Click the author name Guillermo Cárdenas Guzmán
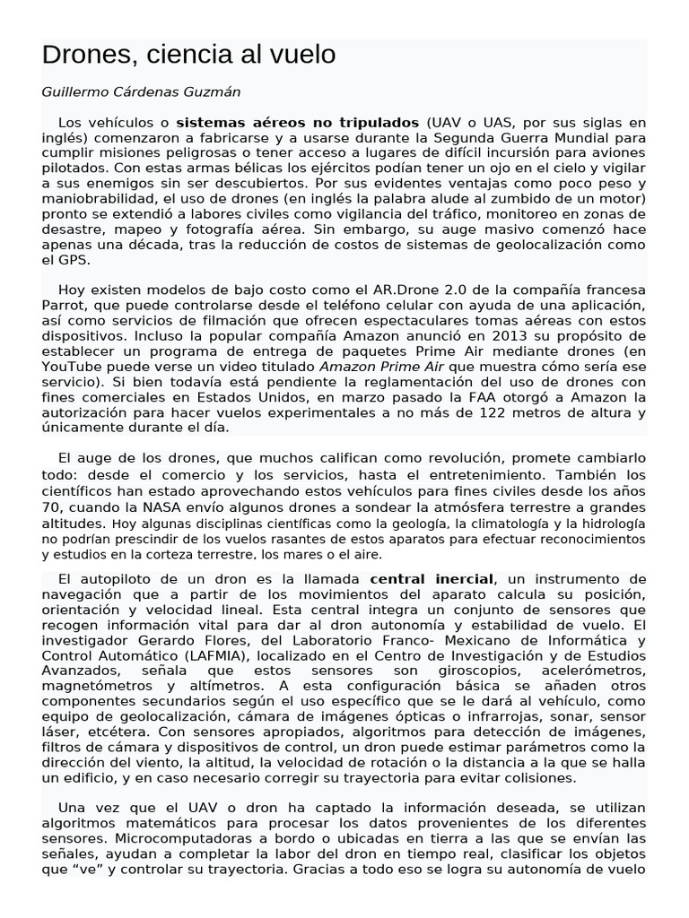pos(141,91)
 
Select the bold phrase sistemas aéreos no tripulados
pos(297,122)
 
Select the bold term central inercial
pos(431,579)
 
